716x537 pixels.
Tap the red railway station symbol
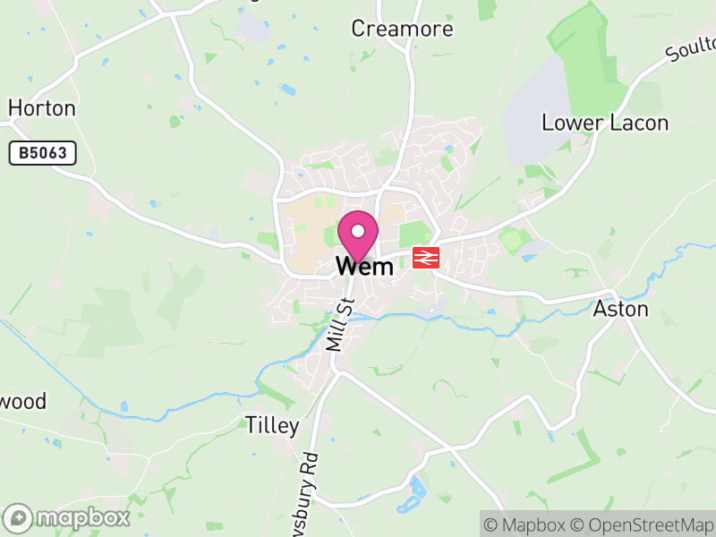click(425, 259)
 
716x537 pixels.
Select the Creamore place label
click(402, 29)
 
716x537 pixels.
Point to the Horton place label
click(41, 108)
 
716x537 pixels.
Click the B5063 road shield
click(42, 153)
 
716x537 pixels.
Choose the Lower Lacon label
click(605, 123)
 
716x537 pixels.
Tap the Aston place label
click(620, 310)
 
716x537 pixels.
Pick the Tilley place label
click(271, 425)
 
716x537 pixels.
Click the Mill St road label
click(340, 324)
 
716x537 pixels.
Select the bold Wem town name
click(364, 266)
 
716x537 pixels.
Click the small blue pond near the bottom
click(418, 488)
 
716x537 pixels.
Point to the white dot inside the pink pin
click(359, 231)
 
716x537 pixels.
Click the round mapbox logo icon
click(18, 517)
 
